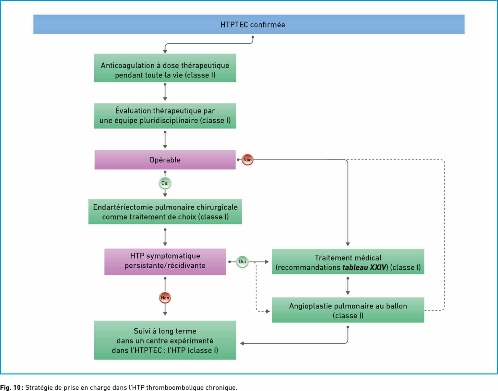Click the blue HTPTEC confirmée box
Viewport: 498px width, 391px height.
click(249, 24)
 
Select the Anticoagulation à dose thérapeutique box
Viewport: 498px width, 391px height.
click(165, 68)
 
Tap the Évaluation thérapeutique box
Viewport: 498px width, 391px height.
click(165, 116)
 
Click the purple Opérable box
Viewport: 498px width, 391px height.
click(165, 160)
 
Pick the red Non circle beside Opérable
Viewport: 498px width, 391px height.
click(247, 160)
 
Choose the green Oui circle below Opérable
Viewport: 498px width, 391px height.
click(165, 183)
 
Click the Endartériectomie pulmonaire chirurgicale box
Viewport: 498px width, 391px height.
click(165, 212)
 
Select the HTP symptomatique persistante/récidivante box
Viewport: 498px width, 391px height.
click(165, 262)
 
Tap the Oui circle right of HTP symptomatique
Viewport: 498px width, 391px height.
click(242, 262)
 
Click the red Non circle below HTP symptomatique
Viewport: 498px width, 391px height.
click(165, 298)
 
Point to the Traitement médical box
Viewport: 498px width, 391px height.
click(348, 262)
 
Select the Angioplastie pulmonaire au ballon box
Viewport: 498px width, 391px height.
click(348, 310)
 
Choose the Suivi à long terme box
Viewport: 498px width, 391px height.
click(165, 340)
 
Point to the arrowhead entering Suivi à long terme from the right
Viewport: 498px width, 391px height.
click(242, 343)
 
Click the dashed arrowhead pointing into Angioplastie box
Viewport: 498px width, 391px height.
click(268, 312)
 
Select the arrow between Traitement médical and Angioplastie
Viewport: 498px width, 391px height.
click(348, 286)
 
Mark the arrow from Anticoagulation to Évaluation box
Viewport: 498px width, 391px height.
click(165, 92)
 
